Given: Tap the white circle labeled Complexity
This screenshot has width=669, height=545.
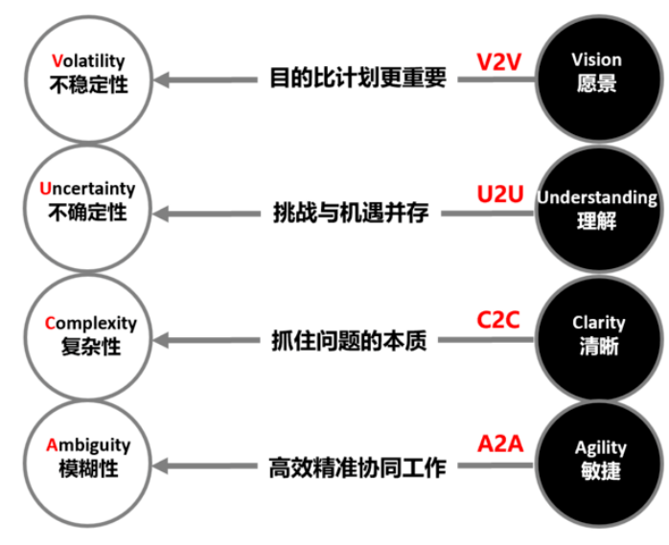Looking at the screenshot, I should pos(88,334).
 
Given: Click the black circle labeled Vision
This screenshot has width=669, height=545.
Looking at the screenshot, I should pos(597,72).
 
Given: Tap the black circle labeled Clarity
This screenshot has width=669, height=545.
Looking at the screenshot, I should pos(597,334).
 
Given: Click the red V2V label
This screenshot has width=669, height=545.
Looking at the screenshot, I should pos(499,61).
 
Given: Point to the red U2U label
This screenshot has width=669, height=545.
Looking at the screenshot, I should pos(499,194).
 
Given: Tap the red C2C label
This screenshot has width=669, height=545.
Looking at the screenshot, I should pos(498,319).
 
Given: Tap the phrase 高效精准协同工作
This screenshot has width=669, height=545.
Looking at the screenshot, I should pos(357,467).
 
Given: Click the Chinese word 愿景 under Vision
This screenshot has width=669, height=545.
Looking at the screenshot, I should pos(597,83).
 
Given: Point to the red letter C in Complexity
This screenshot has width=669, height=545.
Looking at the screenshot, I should pos(51,323).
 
